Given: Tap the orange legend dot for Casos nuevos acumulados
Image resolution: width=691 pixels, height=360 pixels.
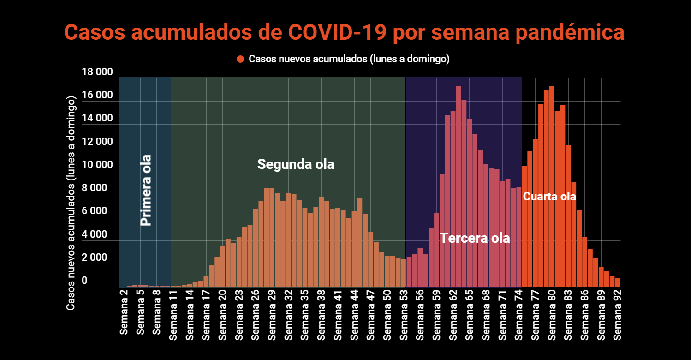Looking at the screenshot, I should point(240,59).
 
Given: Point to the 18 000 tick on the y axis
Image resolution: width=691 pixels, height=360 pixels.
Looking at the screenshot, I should point(97,72).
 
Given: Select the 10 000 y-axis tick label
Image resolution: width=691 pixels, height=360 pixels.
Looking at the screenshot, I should point(97,165).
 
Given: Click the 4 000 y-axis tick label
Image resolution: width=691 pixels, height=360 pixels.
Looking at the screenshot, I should point(97,234).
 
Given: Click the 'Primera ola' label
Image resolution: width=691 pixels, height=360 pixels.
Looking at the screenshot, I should point(146,190).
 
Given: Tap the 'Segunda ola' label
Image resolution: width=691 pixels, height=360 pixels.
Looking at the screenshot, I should point(296,164).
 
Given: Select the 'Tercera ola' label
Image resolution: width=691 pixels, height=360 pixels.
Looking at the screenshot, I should point(475,238).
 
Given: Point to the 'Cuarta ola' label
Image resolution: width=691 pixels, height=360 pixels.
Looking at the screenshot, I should point(549,196).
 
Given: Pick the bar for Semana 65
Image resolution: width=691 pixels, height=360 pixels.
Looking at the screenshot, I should point(469,203).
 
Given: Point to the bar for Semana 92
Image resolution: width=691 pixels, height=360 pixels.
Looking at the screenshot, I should point(618,283).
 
